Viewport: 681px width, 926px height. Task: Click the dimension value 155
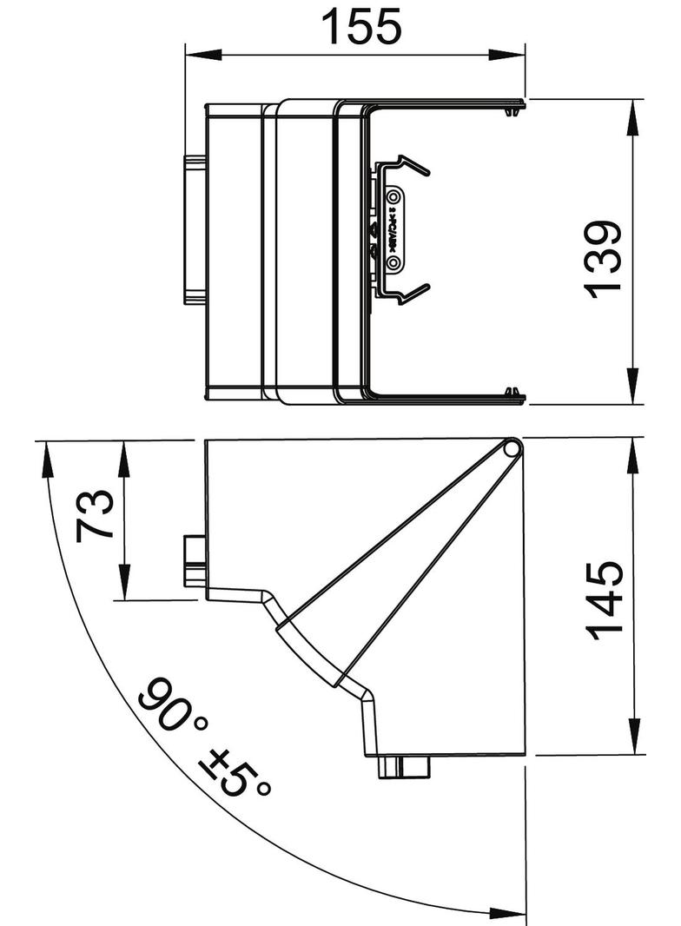pyautogui.click(x=361, y=27)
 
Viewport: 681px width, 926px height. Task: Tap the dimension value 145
pyautogui.click(x=605, y=600)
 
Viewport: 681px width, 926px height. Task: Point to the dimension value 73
pyautogui.click(x=95, y=515)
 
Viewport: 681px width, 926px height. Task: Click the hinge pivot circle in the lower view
pyautogui.click(x=511, y=448)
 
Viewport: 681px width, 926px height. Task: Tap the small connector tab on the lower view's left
pyautogui.click(x=193, y=560)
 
